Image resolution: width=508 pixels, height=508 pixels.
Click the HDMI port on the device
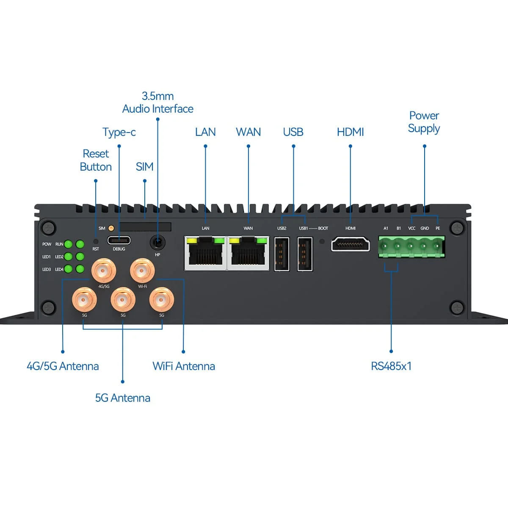351,244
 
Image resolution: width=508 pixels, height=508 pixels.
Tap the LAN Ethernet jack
206,253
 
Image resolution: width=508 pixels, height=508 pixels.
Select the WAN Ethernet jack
248,253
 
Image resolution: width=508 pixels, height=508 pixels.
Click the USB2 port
282,254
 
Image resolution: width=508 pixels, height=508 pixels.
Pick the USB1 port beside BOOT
305,254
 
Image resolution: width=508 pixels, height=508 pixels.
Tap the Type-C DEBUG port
119,240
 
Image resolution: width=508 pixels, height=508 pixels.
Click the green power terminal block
411,247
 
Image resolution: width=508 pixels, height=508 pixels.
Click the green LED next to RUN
68,244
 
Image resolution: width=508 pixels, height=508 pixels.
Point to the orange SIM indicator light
111,228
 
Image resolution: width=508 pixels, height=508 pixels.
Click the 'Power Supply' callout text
424,122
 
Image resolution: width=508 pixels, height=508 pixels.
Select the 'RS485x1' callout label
391,366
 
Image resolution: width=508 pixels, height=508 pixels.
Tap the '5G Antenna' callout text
122,398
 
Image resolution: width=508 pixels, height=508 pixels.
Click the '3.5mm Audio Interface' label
157,102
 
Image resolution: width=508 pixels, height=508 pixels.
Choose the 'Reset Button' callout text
96,160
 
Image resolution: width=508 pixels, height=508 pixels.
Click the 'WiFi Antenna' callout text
183,366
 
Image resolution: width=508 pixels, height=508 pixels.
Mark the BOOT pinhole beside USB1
322,242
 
